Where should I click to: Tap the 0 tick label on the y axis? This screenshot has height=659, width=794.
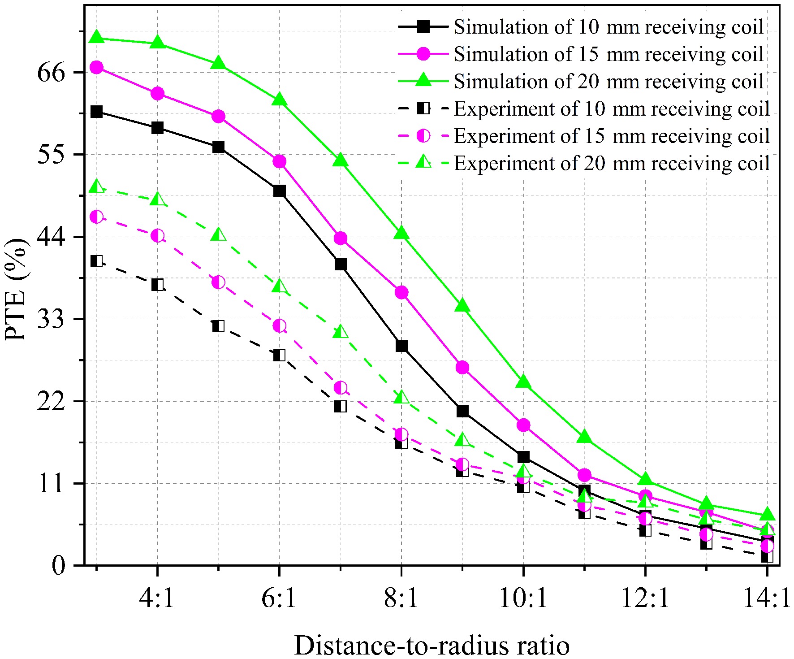tap(58, 566)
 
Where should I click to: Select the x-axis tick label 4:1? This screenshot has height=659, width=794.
tap(157, 598)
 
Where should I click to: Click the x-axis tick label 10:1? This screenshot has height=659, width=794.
tap(523, 598)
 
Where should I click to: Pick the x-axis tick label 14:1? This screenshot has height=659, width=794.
tap(767, 598)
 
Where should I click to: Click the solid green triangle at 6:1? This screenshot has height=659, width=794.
tap(279, 100)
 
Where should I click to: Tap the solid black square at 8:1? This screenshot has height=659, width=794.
tap(401, 346)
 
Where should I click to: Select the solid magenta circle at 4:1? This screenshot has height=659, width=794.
tap(157, 93)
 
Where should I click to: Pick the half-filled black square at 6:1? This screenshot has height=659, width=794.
tap(279, 355)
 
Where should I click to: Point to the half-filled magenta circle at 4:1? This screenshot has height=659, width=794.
tap(157, 235)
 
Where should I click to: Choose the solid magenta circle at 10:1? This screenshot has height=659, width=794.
tap(523, 425)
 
